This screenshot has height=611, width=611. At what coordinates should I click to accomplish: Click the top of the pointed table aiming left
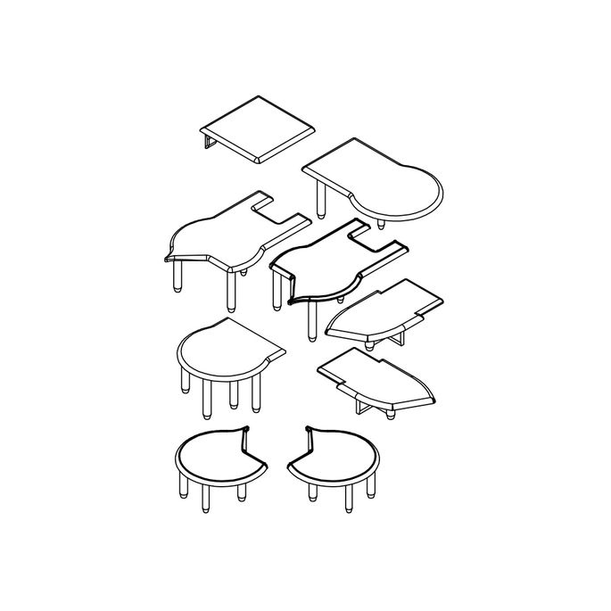tap(379, 309)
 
